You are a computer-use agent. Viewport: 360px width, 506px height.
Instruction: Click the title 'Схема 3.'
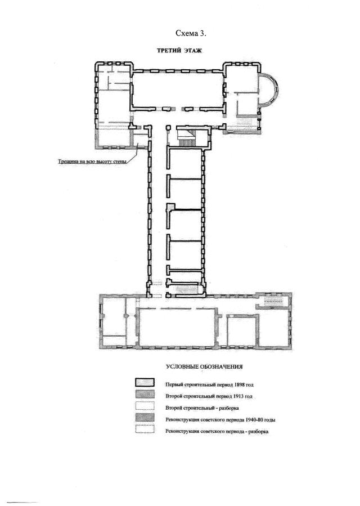[x=191, y=33]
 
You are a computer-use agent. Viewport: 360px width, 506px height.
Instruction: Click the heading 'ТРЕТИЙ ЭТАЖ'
[x=179, y=51]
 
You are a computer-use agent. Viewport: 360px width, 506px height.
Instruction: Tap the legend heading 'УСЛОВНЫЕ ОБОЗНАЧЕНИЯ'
[x=204, y=367]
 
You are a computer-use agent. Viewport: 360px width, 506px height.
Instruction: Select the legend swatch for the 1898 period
[x=145, y=382]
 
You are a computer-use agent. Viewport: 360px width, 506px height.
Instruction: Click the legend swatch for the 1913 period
[x=145, y=395]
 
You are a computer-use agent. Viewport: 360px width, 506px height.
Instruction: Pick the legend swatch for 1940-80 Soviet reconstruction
[x=145, y=418]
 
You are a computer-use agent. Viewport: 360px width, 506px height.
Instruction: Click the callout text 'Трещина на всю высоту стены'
[x=92, y=161]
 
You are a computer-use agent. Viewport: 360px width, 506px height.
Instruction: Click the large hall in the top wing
[x=178, y=89]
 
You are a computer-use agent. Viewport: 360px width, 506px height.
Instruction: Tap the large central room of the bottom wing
[x=177, y=326]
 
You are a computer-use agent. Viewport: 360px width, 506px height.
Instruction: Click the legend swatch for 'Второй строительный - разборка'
[x=145, y=406]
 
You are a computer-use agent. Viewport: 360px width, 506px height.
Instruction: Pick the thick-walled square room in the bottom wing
[x=242, y=331]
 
